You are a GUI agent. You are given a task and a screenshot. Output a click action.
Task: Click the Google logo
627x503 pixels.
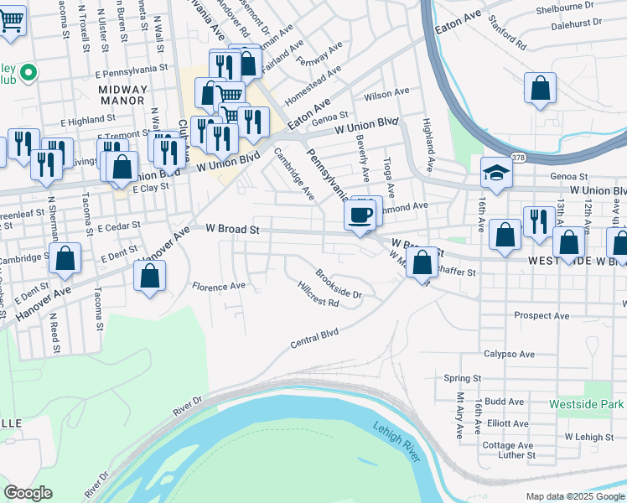click(29, 493)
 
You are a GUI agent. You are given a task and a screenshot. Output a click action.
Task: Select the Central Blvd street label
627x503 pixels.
click(314, 339)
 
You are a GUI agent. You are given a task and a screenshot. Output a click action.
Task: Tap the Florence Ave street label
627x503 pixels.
click(219, 287)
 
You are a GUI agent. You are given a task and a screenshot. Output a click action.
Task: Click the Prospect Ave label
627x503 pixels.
click(541, 316)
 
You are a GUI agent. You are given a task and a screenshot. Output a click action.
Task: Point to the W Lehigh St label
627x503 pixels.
click(589, 437)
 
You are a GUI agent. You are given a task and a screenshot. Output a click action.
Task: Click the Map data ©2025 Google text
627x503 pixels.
click(575, 495)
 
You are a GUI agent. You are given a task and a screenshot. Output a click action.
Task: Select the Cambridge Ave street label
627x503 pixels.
click(294, 174)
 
